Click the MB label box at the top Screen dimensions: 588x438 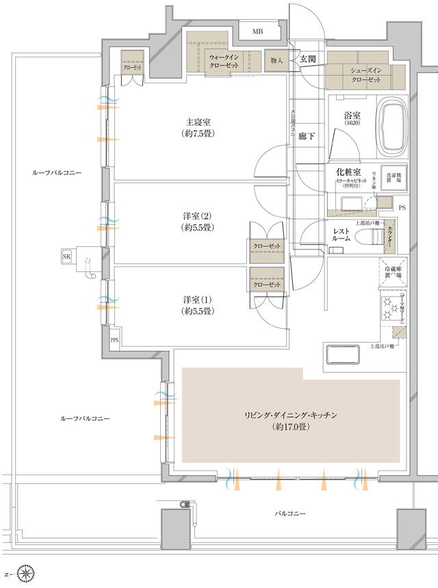pyautogui.click(x=257, y=32)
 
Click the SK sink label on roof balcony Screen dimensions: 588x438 pyautogui.click(x=67, y=256)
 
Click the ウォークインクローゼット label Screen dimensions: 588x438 pyautogui.click(x=224, y=59)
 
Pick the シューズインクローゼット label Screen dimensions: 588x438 pyautogui.click(x=366, y=75)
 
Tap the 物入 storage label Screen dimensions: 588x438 pyautogui.click(x=276, y=62)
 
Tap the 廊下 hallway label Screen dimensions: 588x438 pyautogui.click(x=307, y=136)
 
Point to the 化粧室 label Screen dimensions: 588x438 pyautogui.click(x=344, y=173)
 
